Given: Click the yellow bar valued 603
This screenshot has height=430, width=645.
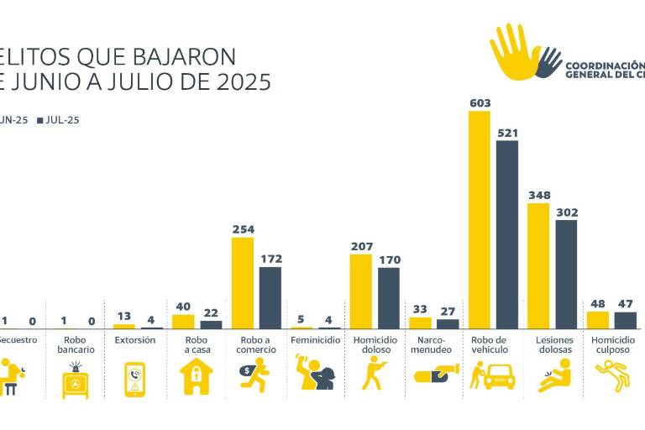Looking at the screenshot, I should pos(480,219).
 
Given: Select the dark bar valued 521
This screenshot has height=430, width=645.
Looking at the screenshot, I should pos(507,234).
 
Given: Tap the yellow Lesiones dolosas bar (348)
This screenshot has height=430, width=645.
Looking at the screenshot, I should pos(538,265).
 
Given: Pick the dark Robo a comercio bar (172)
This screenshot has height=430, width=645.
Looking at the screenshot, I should pos(270,297).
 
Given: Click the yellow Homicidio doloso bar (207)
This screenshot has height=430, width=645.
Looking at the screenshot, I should pos(361,291).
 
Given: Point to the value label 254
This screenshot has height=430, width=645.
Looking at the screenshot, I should pos(243,229).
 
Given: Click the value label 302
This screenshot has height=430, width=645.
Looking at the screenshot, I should pos(567,212).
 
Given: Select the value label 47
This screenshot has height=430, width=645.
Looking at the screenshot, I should pos(626,303).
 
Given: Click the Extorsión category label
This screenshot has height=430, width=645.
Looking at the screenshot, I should pos(134,340).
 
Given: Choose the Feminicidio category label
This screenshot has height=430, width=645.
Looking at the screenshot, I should pos(315,340).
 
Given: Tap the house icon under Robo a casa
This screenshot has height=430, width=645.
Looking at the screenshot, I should pos(197,377).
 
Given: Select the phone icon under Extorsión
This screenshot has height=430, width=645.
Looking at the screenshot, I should pos(134,379).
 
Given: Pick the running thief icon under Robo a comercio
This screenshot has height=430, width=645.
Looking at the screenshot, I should pos(254,375).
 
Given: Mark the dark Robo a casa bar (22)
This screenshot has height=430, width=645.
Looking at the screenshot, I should pos(211,324).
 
